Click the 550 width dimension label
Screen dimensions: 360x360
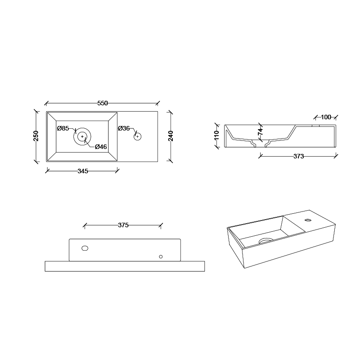click(x=103, y=103)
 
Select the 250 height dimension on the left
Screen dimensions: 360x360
click(x=36, y=135)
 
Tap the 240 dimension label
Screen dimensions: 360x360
click(x=171, y=135)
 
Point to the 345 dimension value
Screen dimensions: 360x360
click(x=83, y=171)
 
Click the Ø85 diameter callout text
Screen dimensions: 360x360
click(x=63, y=128)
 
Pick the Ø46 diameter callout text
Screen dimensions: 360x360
click(x=101, y=147)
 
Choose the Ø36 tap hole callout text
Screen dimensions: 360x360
click(x=124, y=128)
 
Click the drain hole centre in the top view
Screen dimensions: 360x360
click(x=82, y=136)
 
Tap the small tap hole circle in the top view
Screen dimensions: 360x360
click(x=137, y=136)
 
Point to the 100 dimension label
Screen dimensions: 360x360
click(x=326, y=117)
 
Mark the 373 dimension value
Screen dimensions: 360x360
click(x=298, y=157)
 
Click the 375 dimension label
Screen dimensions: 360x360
click(x=123, y=225)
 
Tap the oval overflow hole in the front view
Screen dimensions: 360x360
click(x=85, y=248)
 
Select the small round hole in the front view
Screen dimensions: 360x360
click(x=161, y=256)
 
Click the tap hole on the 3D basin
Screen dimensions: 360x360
click(x=308, y=220)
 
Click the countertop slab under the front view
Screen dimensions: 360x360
click(x=125, y=266)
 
